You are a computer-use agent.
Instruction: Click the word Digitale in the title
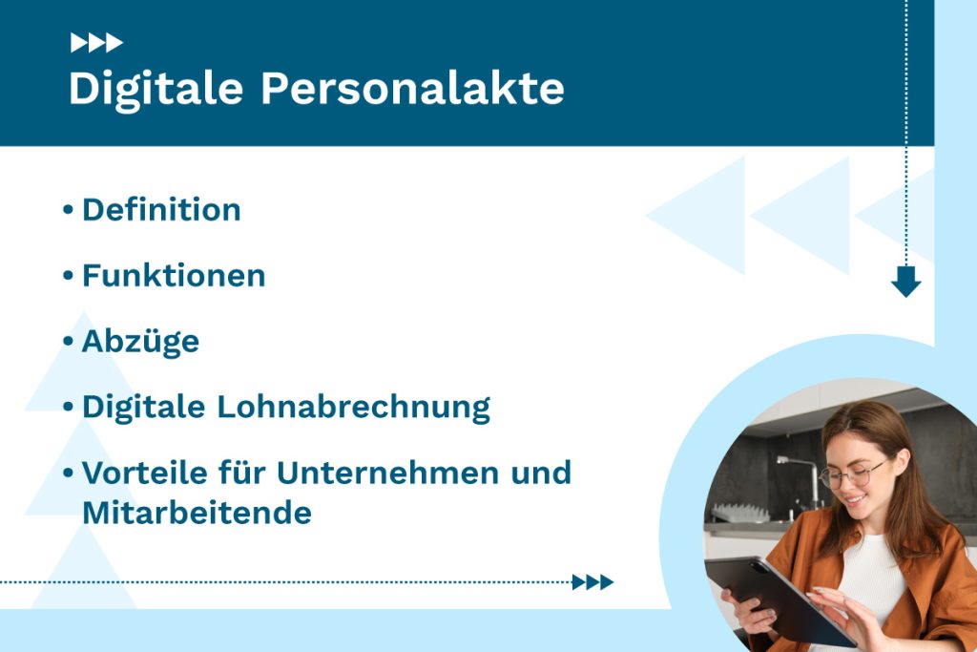[156, 89]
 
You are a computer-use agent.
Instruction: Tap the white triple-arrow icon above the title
[96, 43]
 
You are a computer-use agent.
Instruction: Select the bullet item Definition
[161, 210]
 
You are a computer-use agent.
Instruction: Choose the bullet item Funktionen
[174, 276]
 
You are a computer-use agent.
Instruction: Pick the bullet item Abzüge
[140, 342]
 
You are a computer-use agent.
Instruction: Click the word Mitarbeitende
[197, 514]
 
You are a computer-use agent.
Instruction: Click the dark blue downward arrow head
[905, 282]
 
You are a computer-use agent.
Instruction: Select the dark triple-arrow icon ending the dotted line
[592, 582]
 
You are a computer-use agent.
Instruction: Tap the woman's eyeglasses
[852, 474]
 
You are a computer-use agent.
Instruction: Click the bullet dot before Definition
[68, 210]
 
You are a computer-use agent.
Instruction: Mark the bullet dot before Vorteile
[68, 473]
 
